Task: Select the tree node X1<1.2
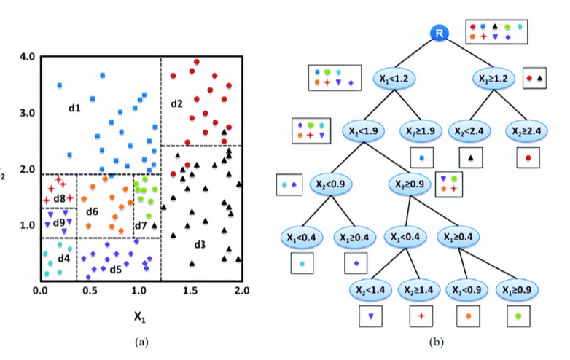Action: [397, 77]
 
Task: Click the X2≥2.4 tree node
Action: [526, 131]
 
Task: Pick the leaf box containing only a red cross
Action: [421, 316]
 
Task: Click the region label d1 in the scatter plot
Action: [74, 109]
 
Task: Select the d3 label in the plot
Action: [199, 243]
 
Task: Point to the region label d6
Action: [92, 211]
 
